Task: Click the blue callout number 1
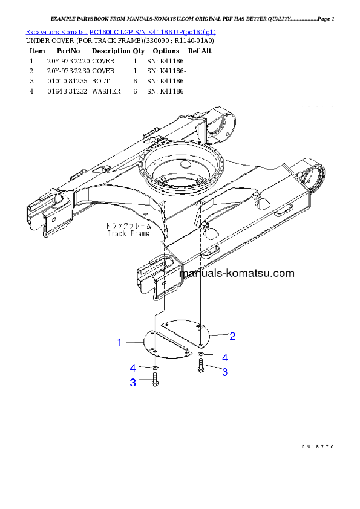(120, 343)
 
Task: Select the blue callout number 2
(232, 336)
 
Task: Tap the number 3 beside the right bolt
(224, 372)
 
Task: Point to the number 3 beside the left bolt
(133, 382)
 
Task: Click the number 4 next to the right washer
(224, 357)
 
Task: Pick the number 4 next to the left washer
(133, 368)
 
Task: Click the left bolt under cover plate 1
(154, 380)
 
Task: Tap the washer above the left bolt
(155, 366)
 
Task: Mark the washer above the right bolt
(201, 354)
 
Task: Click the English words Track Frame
(125, 232)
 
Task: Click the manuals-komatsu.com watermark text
(237, 273)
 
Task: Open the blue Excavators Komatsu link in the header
(120, 31)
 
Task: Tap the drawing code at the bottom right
(318, 447)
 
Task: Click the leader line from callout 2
(218, 335)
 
